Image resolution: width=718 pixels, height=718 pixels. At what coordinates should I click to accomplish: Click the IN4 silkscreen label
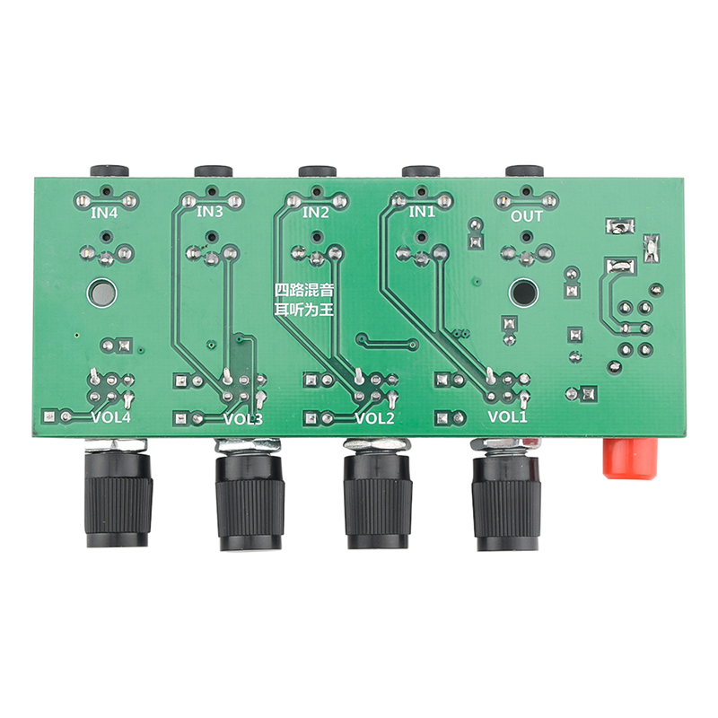pyautogui.click(x=104, y=213)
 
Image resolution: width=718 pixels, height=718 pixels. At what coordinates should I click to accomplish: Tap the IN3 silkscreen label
pyautogui.click(x=209, y=212)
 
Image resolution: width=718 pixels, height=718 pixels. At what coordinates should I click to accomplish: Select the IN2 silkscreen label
pyautogui.click(x=316, y=213)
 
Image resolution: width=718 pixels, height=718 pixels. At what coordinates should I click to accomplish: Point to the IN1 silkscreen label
pyautogui.click(x=422, y=212)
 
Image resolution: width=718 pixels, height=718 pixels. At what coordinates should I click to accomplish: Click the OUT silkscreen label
pyautogui.click(x=527, y=216)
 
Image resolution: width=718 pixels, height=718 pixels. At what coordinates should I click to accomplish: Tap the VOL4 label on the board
pyautogui.click(x=111, y=417)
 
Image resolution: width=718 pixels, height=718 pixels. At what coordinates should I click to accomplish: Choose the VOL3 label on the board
pyautogui.click(x=243, y=419)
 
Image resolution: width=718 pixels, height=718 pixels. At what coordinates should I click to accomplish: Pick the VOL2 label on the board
pyautogui.click(x=374, y=418)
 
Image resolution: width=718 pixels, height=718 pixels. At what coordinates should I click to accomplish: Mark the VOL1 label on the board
pyautogui.click(x=507, y=416)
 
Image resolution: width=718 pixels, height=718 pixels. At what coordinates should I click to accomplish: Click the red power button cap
pyautogui.click(x=631, y=459)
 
